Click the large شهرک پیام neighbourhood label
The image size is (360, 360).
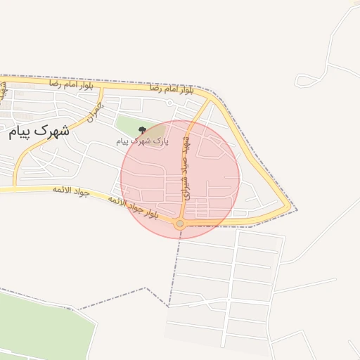(x=39, y=131)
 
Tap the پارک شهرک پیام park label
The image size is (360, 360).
(x=143, y=141)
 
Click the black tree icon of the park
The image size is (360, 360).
(x=143, y=130)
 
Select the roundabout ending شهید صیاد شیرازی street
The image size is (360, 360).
(x=180, y=224)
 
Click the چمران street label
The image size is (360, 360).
(x=94, y=111)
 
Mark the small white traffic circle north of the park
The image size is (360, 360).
(x=170, y=103)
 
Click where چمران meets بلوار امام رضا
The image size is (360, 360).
(x=103, y=88)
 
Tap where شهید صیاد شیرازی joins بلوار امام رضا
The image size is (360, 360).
(x=209, y=98)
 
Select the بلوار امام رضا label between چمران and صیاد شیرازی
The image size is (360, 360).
(x=171, y=89)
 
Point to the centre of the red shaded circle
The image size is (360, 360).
(x=180, y=179)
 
